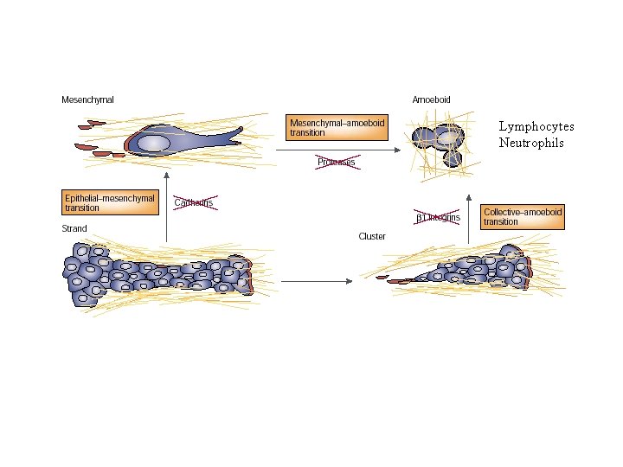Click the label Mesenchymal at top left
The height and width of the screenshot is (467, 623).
click(87, 100)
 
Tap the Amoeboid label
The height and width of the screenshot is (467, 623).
click(431, 100)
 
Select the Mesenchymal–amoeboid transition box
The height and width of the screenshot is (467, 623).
click(336, 128)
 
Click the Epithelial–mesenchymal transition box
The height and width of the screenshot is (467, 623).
click(109, 202)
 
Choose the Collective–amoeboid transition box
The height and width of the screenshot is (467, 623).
click(523, 216)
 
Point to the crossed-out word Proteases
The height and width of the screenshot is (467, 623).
click(336, 163)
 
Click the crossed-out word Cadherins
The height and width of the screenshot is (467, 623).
click(194, 202)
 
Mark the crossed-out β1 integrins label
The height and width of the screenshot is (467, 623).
click(437, 218)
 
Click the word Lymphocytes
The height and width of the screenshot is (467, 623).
click(536, 126)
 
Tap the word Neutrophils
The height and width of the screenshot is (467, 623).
click(531, 143)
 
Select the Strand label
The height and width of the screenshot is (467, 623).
click(74, 229)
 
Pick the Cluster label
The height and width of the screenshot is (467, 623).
click(372, 236)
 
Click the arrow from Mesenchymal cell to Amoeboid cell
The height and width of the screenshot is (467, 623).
click(337, 150)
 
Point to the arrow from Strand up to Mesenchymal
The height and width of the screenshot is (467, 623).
click(167, 208)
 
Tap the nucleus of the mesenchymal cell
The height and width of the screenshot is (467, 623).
click(153, 143)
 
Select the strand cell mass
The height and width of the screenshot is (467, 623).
click(156, 274)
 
